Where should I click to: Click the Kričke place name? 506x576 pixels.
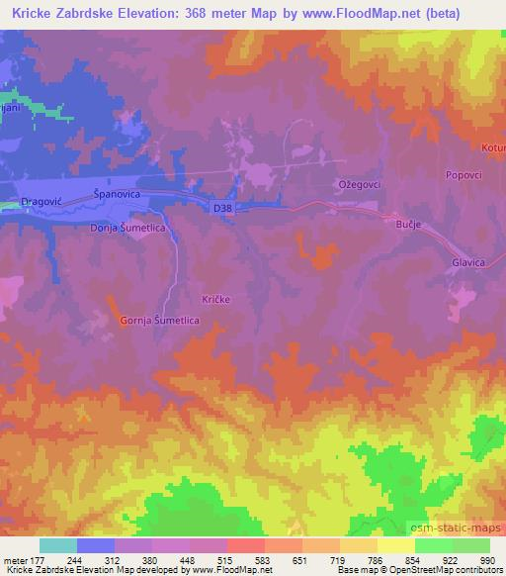click(216, 298)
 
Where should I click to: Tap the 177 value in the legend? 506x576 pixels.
click(38, 560)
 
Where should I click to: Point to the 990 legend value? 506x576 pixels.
click(487, 560)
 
